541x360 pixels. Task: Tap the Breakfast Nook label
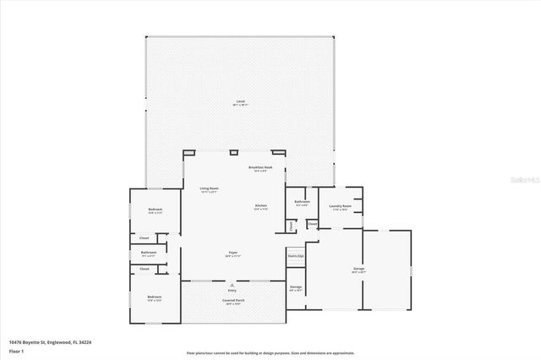click(260, 168)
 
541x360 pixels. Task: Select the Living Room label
click(209, 188)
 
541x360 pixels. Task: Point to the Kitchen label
click(261, 207)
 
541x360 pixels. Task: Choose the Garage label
click(358, 270)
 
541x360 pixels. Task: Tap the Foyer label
click(232, 253)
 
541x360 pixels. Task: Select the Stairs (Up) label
click(295, 255)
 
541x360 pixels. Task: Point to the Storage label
click(295, 288)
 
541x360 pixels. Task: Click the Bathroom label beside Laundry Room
click(302, 202)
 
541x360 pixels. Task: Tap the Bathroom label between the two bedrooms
click(149, 253)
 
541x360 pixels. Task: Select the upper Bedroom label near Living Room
click(155, 210)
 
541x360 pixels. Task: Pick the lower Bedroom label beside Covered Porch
click(154, 297)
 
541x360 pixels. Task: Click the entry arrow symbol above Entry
click(232, 285)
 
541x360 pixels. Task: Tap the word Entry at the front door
click(232, 291)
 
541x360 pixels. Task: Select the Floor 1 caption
click(16, 350)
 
